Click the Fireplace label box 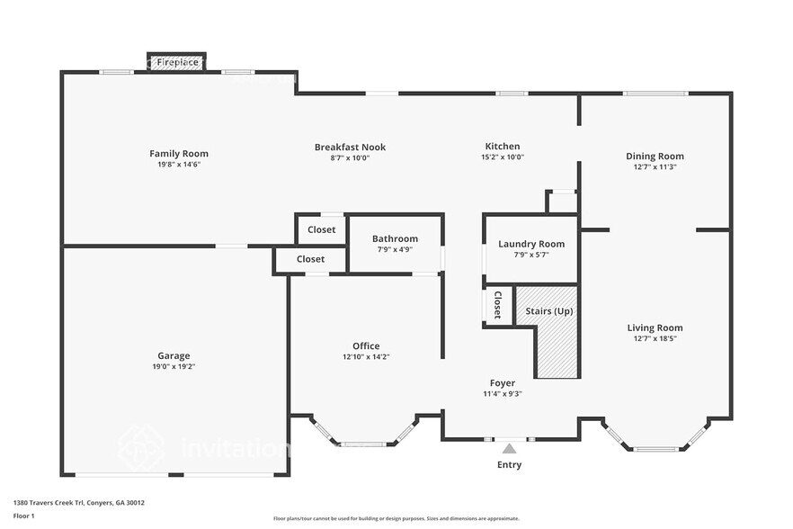[177, 62]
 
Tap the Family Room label [178, 154]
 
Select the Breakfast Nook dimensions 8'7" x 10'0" [350, 157]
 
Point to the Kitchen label [502, 147]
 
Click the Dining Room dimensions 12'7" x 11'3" [655, 166]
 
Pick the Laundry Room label [531, 244]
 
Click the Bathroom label [395, 238]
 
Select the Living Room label [655, 327]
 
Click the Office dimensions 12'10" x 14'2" [365, 356]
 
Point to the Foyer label [502, 382]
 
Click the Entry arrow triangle [509, 448]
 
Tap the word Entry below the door [509, 465]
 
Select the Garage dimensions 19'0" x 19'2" [174, 366]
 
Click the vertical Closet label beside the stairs [497, 305]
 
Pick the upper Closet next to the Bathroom [321, 229]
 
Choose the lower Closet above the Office [310, 259]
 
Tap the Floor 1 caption [23, 516]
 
